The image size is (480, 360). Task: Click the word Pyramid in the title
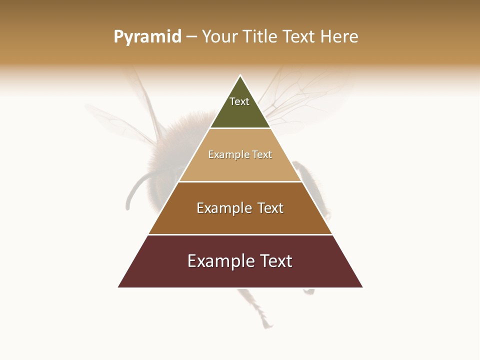click(x=147, y=37)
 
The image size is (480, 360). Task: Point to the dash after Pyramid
click(x=191, y=37)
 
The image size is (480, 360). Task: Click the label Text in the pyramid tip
click(x=239, y=101)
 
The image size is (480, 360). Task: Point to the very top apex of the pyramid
click(x=240, y=76)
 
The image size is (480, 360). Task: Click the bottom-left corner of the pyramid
click(x=118, y=287)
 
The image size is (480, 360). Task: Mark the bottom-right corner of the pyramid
click(x=362, y=287)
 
